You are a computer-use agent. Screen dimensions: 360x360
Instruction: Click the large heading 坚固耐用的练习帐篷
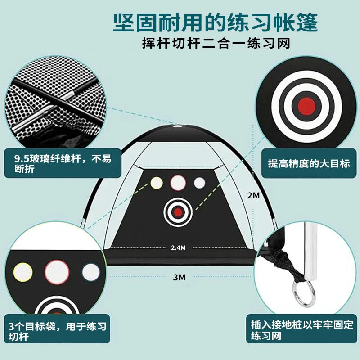point(216,22)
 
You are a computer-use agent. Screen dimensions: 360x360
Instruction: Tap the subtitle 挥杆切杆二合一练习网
point(216,43)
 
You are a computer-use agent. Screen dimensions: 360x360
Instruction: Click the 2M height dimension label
point(253,195)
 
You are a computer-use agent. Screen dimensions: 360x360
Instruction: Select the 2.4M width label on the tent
point(178,248)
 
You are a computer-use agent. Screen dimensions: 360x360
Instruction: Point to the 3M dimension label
point(179,277)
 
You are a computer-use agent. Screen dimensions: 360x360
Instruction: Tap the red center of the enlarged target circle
point(306,106)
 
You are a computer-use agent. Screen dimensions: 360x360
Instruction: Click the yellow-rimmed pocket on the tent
point(157,183)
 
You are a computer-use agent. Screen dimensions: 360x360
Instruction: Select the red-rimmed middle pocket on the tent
point(178,183)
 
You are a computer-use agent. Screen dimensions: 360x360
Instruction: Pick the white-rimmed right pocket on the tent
point(199,183)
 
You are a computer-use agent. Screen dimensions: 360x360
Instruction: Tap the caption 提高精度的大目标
point(309,163)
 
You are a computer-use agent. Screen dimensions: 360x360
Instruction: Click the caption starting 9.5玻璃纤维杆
point(63,164)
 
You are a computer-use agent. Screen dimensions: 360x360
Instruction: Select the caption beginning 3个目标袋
point(58,331)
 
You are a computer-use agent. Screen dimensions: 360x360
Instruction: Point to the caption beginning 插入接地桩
point(302,330)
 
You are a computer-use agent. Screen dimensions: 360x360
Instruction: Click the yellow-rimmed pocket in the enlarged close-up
point(23,272)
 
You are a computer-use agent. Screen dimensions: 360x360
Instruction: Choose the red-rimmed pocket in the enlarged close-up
point(57,272)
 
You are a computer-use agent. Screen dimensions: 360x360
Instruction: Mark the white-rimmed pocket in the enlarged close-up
point(91,272)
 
